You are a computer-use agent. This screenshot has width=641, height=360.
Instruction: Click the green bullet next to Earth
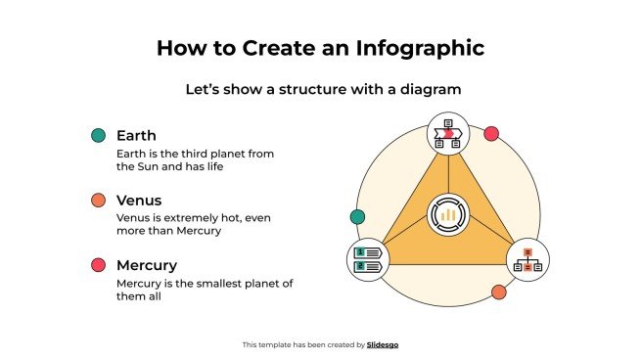click(98, 136)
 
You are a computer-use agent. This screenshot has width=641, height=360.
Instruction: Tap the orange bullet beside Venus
click(98, 201)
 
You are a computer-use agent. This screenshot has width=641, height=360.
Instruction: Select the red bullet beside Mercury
click(98, 265)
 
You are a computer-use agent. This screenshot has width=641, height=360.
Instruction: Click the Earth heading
click(136, 135)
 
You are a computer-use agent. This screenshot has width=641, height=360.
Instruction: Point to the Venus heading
click(139, 200)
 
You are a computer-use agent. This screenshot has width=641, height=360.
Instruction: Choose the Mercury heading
click(147, 264)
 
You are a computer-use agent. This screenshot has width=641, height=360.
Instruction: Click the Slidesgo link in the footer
click(383, 344)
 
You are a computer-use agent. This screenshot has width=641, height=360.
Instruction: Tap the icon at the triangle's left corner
click(370, 259)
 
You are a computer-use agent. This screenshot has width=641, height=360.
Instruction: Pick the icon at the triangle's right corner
click(528, 259)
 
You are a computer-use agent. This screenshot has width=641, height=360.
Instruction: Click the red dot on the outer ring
click(491, 133)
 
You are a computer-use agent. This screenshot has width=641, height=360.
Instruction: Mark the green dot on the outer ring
click(357, 217)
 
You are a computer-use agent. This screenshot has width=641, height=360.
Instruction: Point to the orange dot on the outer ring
click(498, 292)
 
